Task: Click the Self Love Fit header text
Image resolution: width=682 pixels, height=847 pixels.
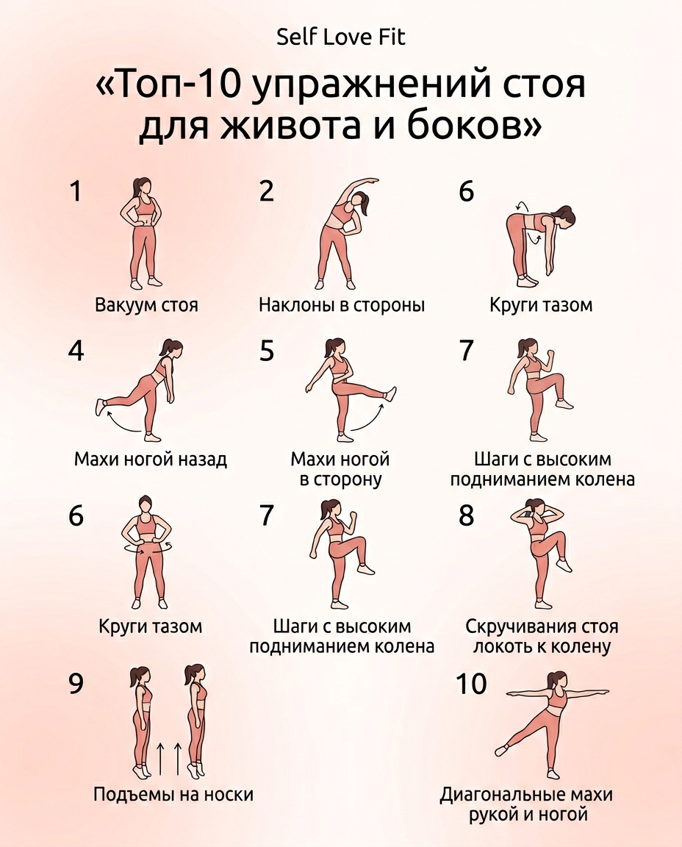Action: pos(340,37)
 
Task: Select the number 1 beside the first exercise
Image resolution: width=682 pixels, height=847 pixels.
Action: pos(75,191)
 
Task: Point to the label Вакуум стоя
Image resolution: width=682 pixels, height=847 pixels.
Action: pos(147,304)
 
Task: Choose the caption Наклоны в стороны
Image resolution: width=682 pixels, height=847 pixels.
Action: pos(342,304)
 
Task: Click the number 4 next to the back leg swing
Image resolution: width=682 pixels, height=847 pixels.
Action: pos(76,351)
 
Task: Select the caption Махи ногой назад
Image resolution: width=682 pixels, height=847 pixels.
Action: pos(151,460)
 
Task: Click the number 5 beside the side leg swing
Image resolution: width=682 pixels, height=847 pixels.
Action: pos(267,351)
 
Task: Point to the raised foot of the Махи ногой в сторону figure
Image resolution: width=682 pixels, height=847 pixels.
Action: pos(391,393)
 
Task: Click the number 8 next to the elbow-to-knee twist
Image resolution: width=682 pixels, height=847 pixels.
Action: pos(466,515)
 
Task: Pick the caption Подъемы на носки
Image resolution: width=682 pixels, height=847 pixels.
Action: pos(173,795)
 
